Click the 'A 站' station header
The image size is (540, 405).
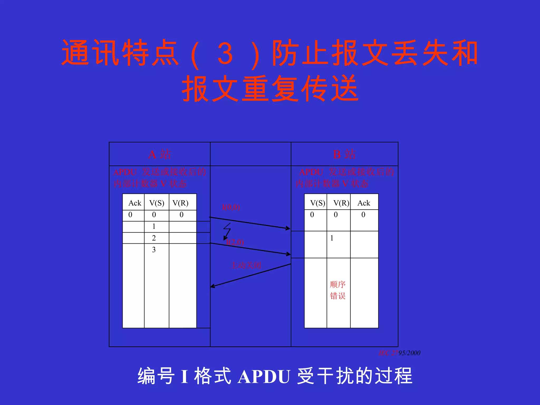pyautogui.click(x=160, y=154)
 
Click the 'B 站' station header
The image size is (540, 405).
pyautogui.click(x=344, y=154)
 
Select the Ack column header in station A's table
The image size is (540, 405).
pyautogui.click(x=134, y=203)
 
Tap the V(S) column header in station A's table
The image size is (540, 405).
pyautogui.click(x=157, y=203)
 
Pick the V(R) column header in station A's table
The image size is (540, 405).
pyautogui.click(x=180, y=203)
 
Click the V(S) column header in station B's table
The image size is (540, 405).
pyautogui.click(x=317, y=203)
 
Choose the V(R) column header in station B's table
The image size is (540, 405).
pyautogui.click(x=341, y=203)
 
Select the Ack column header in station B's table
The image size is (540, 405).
pyautogui.click(x=364, y=203)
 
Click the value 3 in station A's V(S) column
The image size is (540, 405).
pyautogui.click(x=154, y=250)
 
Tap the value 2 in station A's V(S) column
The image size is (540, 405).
pyautogui.click(x=154, y=238)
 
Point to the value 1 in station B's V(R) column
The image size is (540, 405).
pyautogui.click(x=332, y=238)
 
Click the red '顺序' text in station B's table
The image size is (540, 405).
pyautogui.click(x=338, y=285)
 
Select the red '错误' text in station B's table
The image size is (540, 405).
pyautogui.click(x=338, y=296)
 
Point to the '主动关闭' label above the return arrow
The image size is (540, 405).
pyautogui.click(x=246, y=265)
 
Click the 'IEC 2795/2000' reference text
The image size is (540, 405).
pyautogui.click(x=399, y=353)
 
